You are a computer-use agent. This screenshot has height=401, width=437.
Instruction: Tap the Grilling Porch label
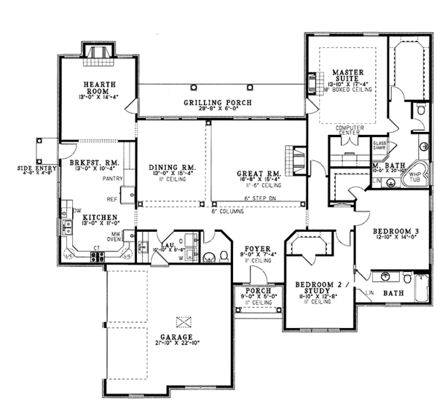(218, 103)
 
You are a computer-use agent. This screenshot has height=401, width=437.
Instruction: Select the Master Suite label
(347, 75)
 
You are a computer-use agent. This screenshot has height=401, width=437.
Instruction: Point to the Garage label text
(177, 337)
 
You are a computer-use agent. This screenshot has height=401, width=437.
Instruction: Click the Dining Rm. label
(170, 168)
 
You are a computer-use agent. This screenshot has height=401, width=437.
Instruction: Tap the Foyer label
(257, 248)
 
